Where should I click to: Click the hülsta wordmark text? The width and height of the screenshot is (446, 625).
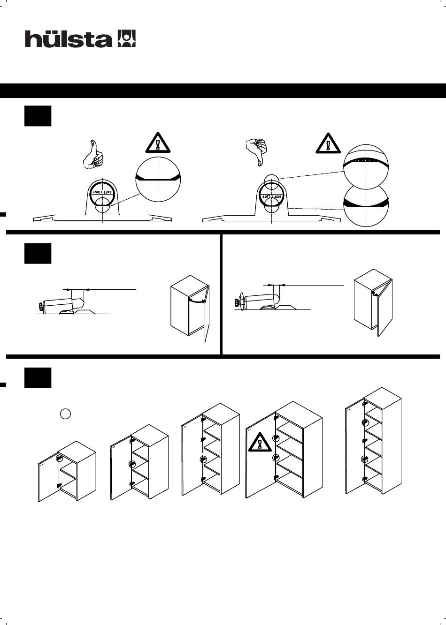(x=68, y=39)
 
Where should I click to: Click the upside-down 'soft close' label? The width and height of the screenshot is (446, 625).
(x=102, y=192)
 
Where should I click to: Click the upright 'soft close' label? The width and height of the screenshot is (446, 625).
(x=272, y=196)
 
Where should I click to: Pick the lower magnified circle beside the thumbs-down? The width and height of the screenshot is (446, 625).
(x=366, y=203)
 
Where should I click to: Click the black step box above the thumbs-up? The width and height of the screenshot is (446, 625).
(x=38, y=115)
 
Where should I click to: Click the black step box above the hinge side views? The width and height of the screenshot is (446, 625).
(x=38, y=253)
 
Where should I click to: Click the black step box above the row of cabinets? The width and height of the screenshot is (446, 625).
(x=38, y=378)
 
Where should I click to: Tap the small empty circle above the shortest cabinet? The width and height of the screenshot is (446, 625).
(x=66, y=414)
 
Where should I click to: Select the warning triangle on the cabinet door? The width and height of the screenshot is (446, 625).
(x=260, y=443)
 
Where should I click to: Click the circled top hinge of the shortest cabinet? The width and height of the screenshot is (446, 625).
(x=60, y=459)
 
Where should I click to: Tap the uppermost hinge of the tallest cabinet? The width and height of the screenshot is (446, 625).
(x=364, y=402)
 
